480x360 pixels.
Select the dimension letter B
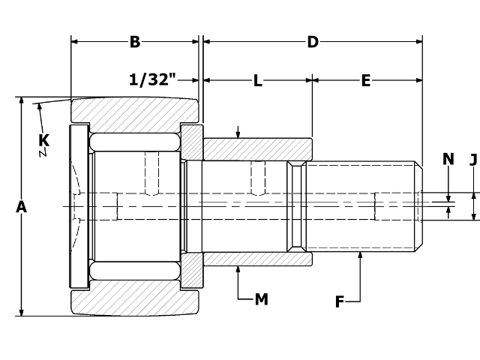point(135,42)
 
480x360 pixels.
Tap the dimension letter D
point(313,42)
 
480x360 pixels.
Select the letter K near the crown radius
point(44,139)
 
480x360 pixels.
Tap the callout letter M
point(261,299)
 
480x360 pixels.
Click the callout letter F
point(340,301)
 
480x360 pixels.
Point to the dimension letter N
point(448,158)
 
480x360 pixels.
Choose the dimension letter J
point(473,158)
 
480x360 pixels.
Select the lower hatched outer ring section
point(135,301)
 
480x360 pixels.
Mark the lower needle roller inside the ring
point(135,271)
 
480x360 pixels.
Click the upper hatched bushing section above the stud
point(257,148)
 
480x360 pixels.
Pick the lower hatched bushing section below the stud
point(257,259)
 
